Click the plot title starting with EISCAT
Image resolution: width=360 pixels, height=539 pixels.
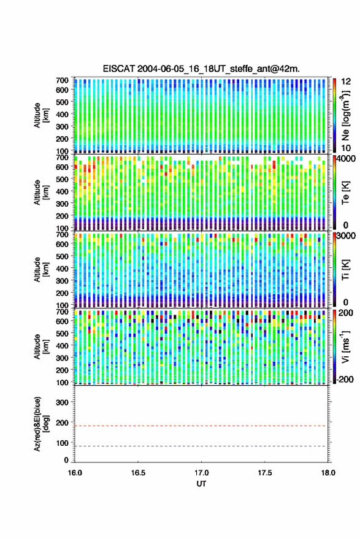point(201,69)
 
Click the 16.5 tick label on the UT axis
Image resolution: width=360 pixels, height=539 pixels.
point(138,473)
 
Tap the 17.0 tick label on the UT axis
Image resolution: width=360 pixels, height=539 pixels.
point(201,473)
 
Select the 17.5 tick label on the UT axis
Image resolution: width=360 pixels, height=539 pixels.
point(264,473)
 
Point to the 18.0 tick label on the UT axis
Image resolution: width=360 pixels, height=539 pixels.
point(328,473)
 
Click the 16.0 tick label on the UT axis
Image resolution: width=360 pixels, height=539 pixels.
point(75,473)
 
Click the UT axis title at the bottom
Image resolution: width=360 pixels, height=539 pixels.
point(201,484)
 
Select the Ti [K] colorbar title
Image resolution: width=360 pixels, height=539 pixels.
point(345,270)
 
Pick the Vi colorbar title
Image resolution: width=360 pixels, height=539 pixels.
point(345,346)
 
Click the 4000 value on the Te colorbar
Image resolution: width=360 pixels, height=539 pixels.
point(347,158)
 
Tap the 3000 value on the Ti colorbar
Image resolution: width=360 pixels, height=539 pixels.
point(347,235)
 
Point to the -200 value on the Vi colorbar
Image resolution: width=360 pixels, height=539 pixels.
point(344,379)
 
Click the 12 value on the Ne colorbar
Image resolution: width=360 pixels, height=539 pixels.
point(347,82)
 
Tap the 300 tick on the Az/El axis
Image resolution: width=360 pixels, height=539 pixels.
point(63,402)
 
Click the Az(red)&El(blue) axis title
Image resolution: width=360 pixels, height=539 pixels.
point(40,424)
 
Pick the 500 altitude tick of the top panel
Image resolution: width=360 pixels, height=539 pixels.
point(62,102)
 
